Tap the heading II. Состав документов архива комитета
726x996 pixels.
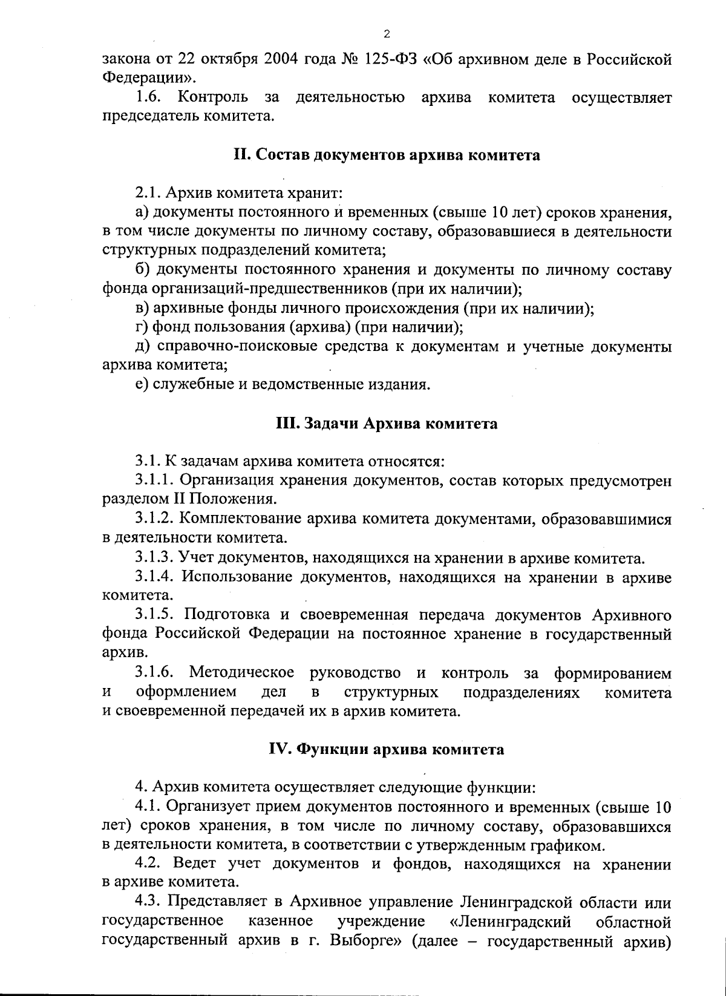[387, 155]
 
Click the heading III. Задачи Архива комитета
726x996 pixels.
[387, 424]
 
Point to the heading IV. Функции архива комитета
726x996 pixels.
[387, 750]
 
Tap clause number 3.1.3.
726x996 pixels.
[155, 558]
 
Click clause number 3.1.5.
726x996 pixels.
[155, 615]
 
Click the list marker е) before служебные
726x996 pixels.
[142, 385]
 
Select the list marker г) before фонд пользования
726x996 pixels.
[142, 328]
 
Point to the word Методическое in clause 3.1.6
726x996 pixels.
[241, 673]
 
